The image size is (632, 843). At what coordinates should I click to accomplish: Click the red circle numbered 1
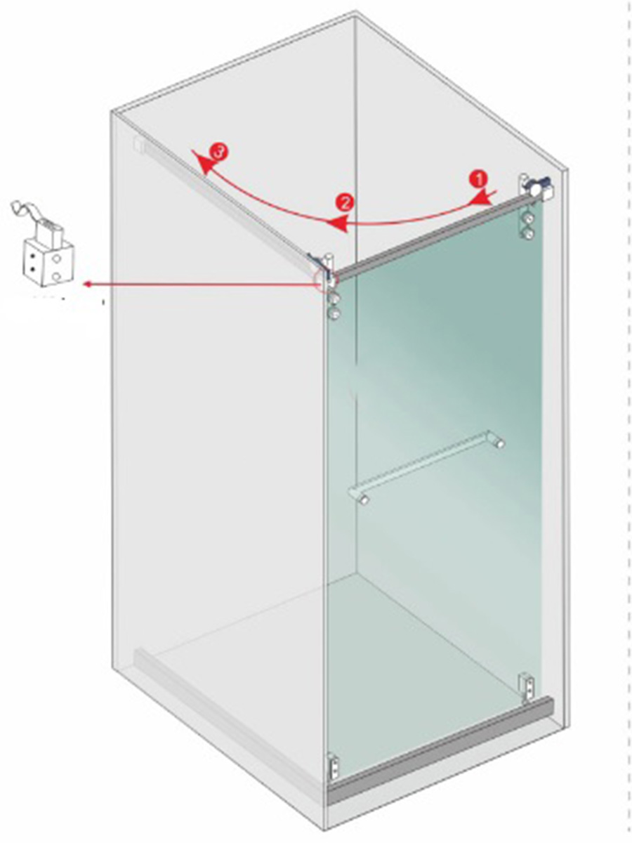pyautogui.click(x=478, y=179)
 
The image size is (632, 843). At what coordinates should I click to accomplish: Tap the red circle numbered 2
pyautogui.click(x=345, y=203)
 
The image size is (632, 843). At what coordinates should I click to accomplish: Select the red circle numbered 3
pyautogui.click(x=218, y=151)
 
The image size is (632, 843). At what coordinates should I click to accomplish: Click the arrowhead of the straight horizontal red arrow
pyautogui.click(x=88, y=285)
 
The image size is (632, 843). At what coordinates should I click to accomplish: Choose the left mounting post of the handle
pyautogui.click(x=363, y=499)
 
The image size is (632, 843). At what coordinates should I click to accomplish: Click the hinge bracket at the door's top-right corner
pyautogui.click(x=537, y=188)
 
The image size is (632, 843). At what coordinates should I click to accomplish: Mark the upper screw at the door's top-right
pyautogui.click(x=529, y=219)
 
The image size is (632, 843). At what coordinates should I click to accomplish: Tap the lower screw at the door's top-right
pyautogui.click(x=529, y=233)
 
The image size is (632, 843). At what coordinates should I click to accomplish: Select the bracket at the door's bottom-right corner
pyautogui.click(x=528, y=688)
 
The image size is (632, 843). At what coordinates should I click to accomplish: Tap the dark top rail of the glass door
pyautogui.click(x=433, y=237)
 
